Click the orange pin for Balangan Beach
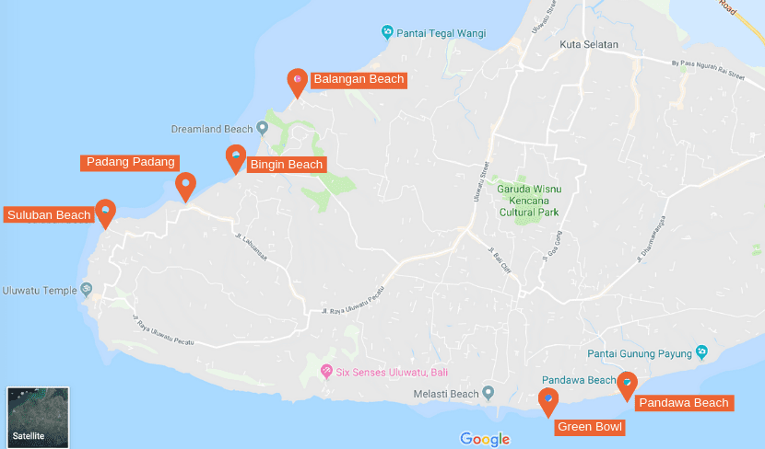tap(297, 82)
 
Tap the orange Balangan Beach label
tap(359, 79)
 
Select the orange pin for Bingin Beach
tap(236, 158)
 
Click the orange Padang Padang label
tap(130, 162)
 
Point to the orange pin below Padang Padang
tap(185, 185)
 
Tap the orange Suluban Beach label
tap(49, 215)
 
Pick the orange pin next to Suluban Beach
tap(106, 213)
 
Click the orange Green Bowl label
tap(590, 427)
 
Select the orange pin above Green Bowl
tap(548, 401)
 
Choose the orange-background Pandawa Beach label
tap(683, 403)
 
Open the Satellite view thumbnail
tap(38, 417)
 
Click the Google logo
tap(485, 439)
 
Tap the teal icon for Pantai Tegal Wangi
tap(388, 32)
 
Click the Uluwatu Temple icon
tap(88, 290)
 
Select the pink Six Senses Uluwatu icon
tap(325, 371)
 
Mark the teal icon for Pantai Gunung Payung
tap(701, 352)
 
